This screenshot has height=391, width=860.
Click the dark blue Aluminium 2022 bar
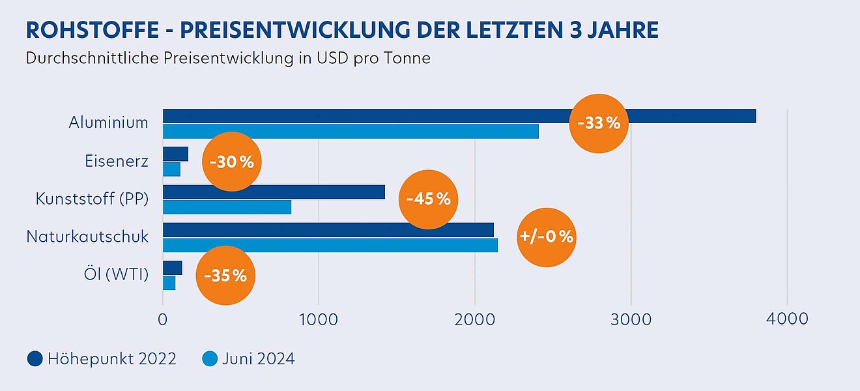[x=365, y=116]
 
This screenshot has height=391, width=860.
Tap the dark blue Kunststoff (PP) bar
[x=274, y=192]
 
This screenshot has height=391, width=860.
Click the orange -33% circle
[x=599, y=123]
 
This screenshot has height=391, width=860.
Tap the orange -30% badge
[x=232, y=162]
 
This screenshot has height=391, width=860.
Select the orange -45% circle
[x=428, y=199]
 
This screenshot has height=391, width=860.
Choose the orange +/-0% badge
[x=547, y=237]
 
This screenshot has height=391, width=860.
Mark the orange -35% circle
[x=225, y=275]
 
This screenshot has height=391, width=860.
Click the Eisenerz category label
[x=116, y=161]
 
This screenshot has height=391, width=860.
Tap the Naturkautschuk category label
[x=87, y=237]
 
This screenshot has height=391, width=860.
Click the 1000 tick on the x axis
[x=318, y=319]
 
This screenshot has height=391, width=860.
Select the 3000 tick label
[x=631, y=319]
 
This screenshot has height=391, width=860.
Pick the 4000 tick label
[x=787, y=319]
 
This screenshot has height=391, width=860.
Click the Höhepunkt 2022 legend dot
[x=35, y=358]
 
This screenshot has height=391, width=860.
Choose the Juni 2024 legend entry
[x=248, y=358]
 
